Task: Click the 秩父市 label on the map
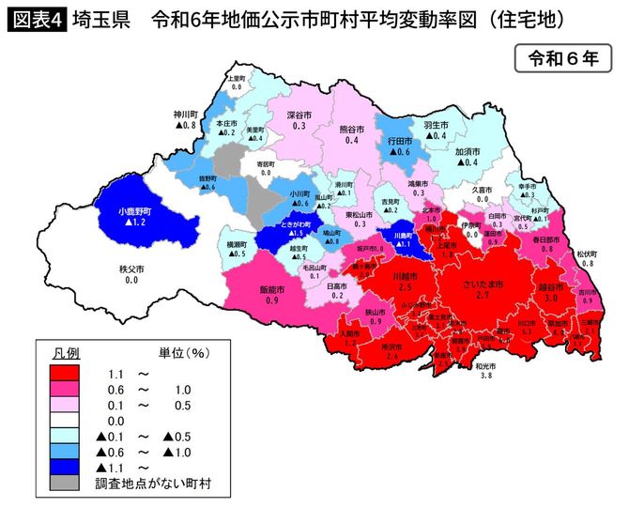pyautogui.click(x=131, y=269)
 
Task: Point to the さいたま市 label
pyautogui.click(x=483, y=284)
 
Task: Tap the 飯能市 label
pyautogui.click(x=271, y=290)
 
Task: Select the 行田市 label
pyautogui.click(x=401, y=139)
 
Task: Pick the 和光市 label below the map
pyautogui.click(x=484, y=365)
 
